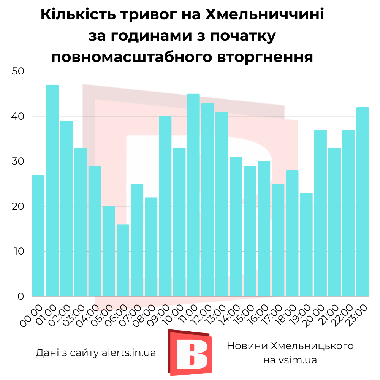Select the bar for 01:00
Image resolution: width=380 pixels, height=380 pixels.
click(52, 190)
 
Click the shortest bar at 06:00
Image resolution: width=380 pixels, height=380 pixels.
click(123, 260)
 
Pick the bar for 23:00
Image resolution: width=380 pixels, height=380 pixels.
click(363, 201)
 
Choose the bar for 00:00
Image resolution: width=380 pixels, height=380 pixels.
click(38, 236)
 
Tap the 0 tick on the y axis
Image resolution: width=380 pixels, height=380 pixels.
click(21, 296)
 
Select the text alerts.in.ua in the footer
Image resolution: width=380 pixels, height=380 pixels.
click(129, 353)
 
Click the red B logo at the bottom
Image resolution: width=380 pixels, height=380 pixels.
click(189, 353)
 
